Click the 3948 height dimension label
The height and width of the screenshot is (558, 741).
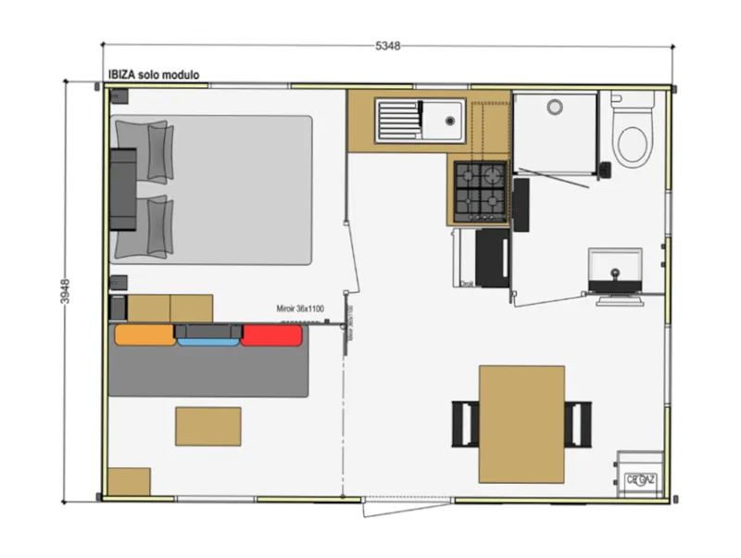tap(66, 293)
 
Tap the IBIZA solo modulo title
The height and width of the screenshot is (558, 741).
tap(153, 75)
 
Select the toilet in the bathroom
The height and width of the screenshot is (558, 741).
tap(633, 139)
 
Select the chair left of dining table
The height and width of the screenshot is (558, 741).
tap(465, 423)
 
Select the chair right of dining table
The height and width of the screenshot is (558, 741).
tap(579, 423)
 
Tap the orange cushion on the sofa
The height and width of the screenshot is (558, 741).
tap(144, 335)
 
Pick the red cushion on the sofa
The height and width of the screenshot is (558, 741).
tap(272, 335)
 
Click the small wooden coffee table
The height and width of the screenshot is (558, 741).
tap(208, 426)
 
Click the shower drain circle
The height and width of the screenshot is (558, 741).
tap(555, 108)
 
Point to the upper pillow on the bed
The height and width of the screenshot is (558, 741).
tap(159, 150)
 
